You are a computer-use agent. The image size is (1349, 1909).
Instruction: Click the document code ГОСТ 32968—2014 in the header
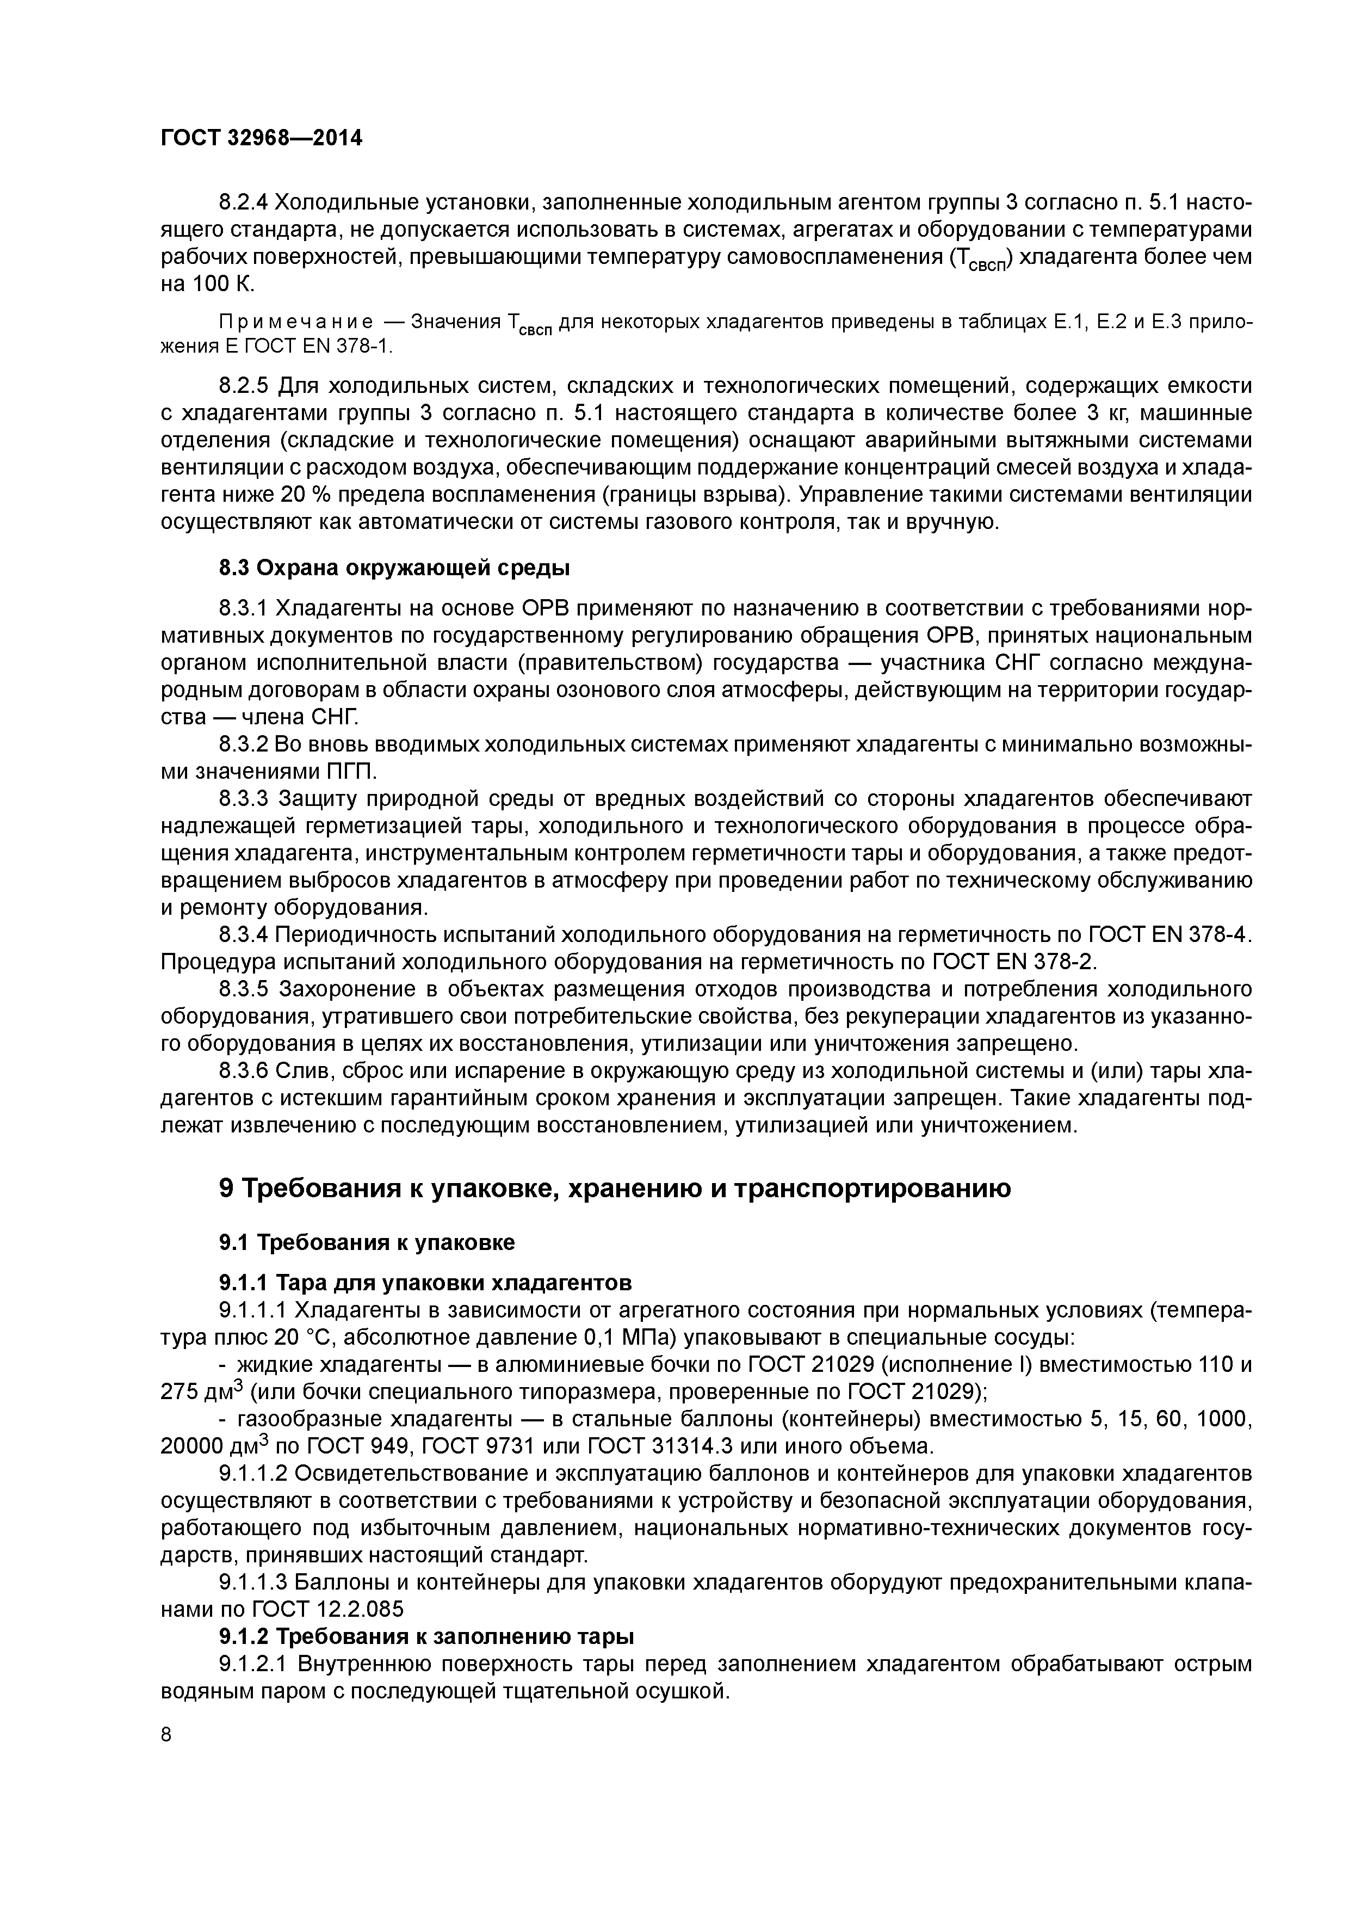261,138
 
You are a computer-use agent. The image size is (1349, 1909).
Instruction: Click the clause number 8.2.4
243,202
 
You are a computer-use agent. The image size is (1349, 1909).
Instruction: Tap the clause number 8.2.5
243,386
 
